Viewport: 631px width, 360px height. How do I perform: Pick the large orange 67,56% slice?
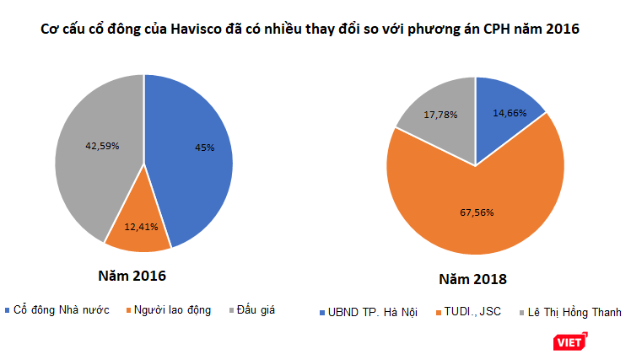[472, 219]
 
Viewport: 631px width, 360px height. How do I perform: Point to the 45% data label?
[204, 148]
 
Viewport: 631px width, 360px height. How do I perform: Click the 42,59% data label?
[102, 145]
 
